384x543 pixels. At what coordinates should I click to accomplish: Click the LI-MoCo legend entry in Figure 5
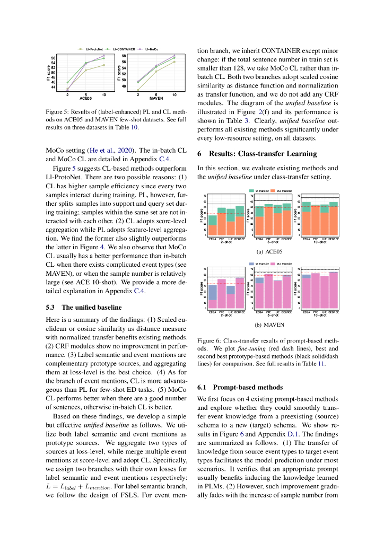151,49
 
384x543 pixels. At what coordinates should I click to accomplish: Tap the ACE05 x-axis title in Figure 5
86,99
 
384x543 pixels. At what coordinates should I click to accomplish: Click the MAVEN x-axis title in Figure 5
156,99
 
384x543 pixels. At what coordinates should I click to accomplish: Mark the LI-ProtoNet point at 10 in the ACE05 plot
104,65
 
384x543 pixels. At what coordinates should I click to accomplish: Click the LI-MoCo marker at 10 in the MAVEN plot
174,55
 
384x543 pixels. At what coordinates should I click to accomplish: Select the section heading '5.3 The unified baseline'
84,307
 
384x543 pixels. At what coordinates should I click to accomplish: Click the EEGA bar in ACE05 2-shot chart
212,225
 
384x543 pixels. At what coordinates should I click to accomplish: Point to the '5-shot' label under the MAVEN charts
272,316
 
